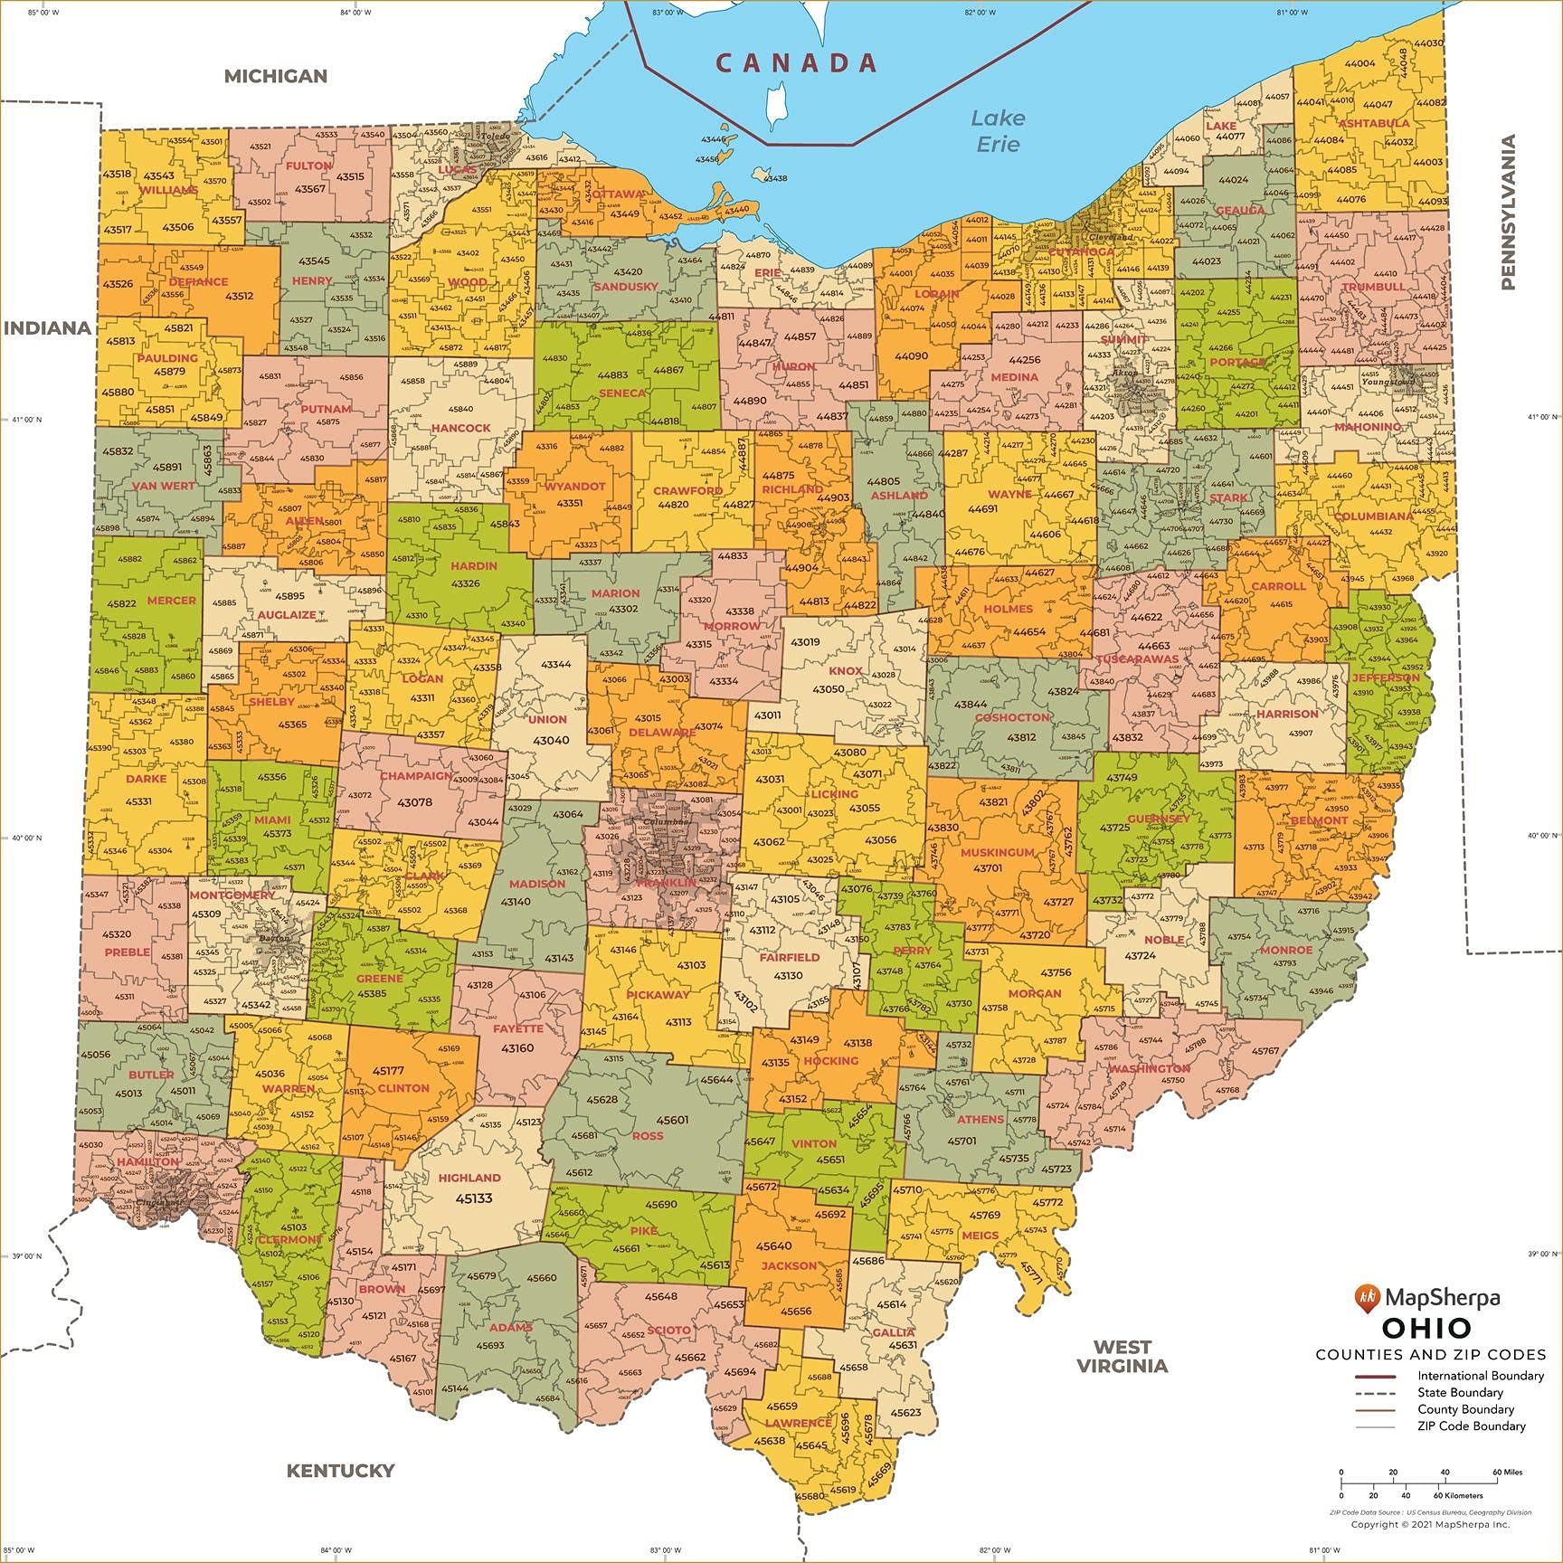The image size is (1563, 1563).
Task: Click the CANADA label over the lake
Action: (x=796, y=62)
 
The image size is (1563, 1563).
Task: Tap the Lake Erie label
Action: (x=998, y=130)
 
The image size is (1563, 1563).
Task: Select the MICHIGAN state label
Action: (x=275, y=76)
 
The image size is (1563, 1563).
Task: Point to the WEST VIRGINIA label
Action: (x=1122, y=1357)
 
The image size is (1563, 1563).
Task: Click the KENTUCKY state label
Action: (x=340, y=1471)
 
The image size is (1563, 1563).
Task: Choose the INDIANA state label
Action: (x=47, y=328)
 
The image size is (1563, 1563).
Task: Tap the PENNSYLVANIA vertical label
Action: (x=1508, y=212)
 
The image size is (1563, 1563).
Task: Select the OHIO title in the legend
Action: (x=1426, y=1329)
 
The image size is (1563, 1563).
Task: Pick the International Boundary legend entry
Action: (x=1480, y=1376)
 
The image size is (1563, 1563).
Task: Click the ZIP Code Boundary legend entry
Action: (x=1471, y=1426)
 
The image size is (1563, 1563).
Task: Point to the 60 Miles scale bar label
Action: (x=1507, y=1472)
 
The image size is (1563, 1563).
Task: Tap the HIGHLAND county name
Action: (x=469, y=1178)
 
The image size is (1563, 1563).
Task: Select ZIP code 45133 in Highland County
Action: (x=473, y=1198)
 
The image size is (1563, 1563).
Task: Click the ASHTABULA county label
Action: (x=1373, y=123)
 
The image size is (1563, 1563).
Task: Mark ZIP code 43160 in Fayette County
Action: (x=516, y=1048)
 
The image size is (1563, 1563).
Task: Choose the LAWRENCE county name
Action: (x=798, y=1423)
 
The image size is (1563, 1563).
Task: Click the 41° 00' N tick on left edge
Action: (x=26, y=420)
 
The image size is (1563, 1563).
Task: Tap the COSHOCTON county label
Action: (x=1012, y=717)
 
